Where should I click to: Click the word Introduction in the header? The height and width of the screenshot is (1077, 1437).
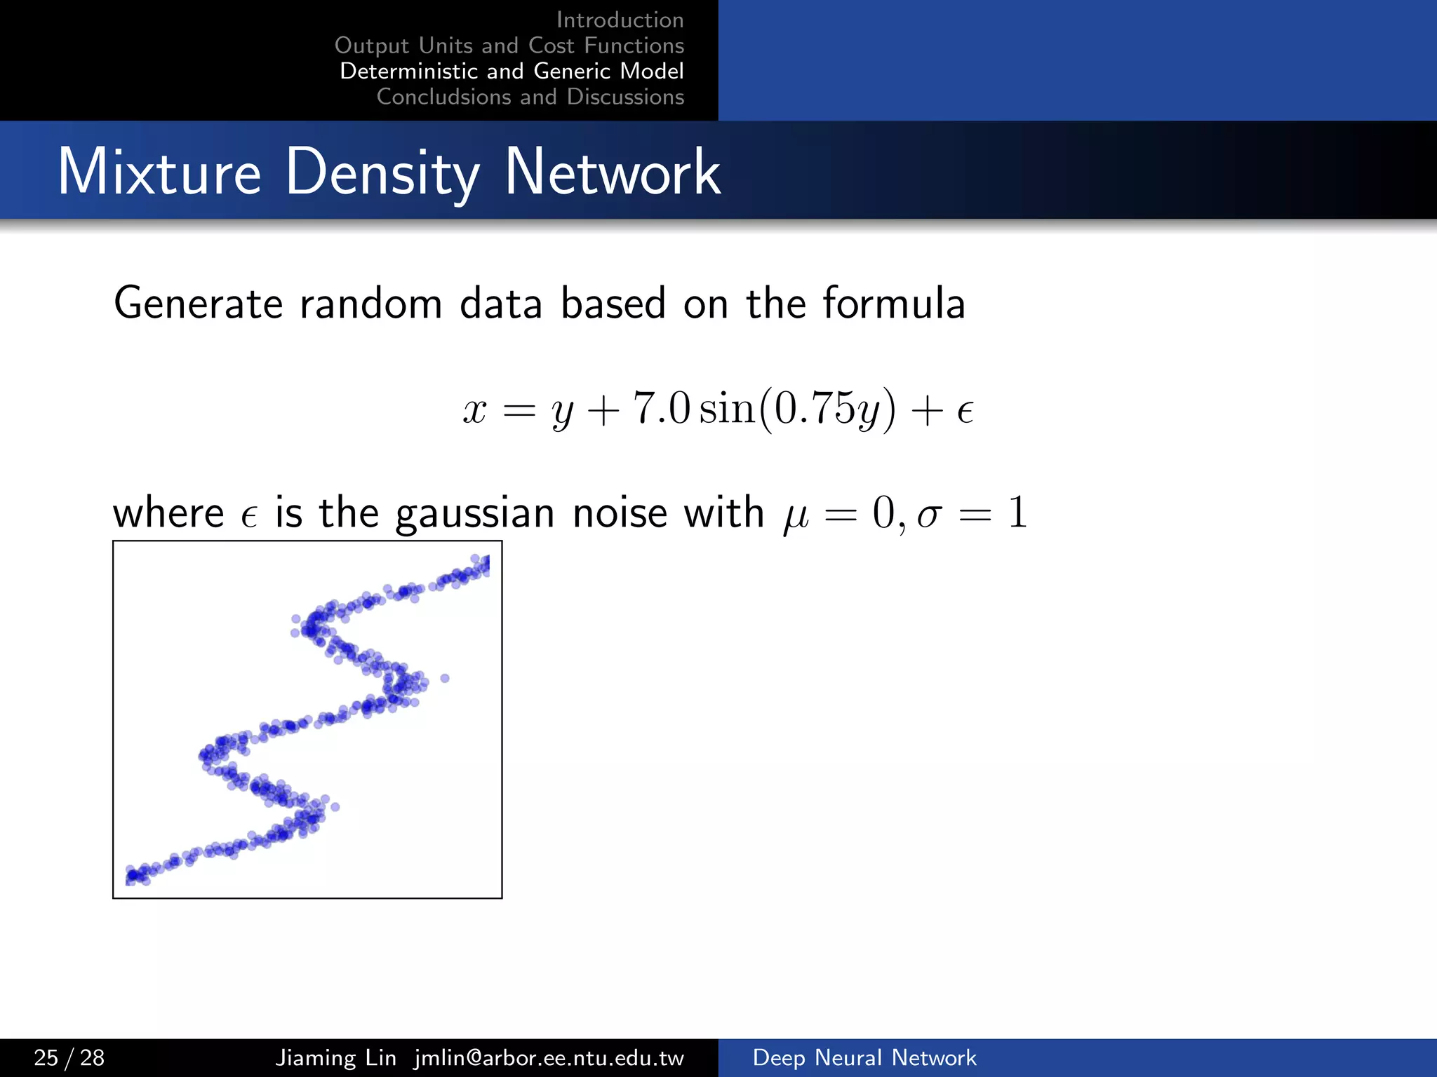[x=620, y=20]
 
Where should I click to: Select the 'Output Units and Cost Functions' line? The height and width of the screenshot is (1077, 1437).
[x=509, y=46]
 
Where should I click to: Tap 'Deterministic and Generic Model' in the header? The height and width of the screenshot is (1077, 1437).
[x=512, y=71]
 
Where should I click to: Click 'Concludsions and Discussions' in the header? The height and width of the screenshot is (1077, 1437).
[x=530, y=97]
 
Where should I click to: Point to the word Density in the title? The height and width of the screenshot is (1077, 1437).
[x=382, y=173]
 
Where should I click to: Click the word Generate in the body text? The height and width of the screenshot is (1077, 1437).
[x=199, y=304]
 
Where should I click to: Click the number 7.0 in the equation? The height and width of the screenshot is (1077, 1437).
[x=662, y=408]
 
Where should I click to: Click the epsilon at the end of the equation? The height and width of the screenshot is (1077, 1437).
[x=965, y=411]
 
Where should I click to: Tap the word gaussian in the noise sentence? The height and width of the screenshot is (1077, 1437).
[x=475, y=514]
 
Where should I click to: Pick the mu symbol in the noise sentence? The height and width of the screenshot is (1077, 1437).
[x=796, y=517]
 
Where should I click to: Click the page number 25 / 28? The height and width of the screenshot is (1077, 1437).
[x=69, y=1057]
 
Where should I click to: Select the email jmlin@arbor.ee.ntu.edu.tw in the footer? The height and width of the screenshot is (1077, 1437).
[x=549, y=1057]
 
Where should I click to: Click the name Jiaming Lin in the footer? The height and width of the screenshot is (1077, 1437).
[x=335, y=1057]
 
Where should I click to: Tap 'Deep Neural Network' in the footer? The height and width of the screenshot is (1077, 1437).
[x=864, y=1057]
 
